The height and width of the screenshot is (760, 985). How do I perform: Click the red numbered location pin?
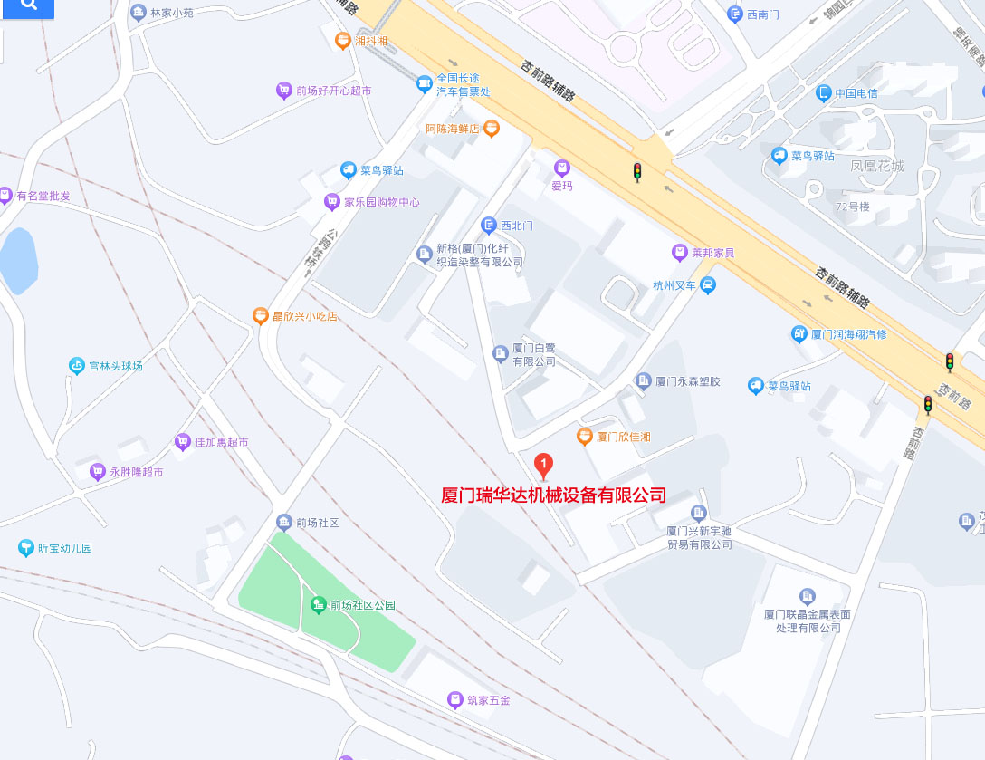point(543,467)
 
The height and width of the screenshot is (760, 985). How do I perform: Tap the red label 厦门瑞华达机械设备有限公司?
point(553,495)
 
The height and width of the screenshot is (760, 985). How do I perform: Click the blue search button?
point(27,7)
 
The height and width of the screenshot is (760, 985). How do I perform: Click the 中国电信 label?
point(856,92)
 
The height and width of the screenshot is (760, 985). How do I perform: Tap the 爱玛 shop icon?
point(562,168)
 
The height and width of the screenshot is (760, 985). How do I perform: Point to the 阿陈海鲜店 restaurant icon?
point(492,129)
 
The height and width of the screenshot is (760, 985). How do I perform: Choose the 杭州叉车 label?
point(674,285)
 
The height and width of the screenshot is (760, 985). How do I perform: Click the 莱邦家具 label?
point(713,252)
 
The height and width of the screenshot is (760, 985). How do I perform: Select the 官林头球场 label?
point(115,366)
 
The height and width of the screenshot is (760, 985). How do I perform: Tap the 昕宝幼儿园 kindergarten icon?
point(25,548)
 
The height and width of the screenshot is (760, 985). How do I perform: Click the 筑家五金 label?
point(489,700)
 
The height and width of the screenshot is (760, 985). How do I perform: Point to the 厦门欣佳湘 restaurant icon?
point(585,437)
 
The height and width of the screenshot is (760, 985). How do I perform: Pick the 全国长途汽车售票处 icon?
point(424,84)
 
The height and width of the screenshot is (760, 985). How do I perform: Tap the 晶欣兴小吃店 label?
point(304,316)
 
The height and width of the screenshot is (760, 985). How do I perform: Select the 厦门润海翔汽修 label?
point(848,334)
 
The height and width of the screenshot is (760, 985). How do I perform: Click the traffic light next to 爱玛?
point(636,172)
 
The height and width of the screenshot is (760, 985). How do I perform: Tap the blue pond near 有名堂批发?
point(18,261)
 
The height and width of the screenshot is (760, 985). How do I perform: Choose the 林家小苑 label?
point(171,13)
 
